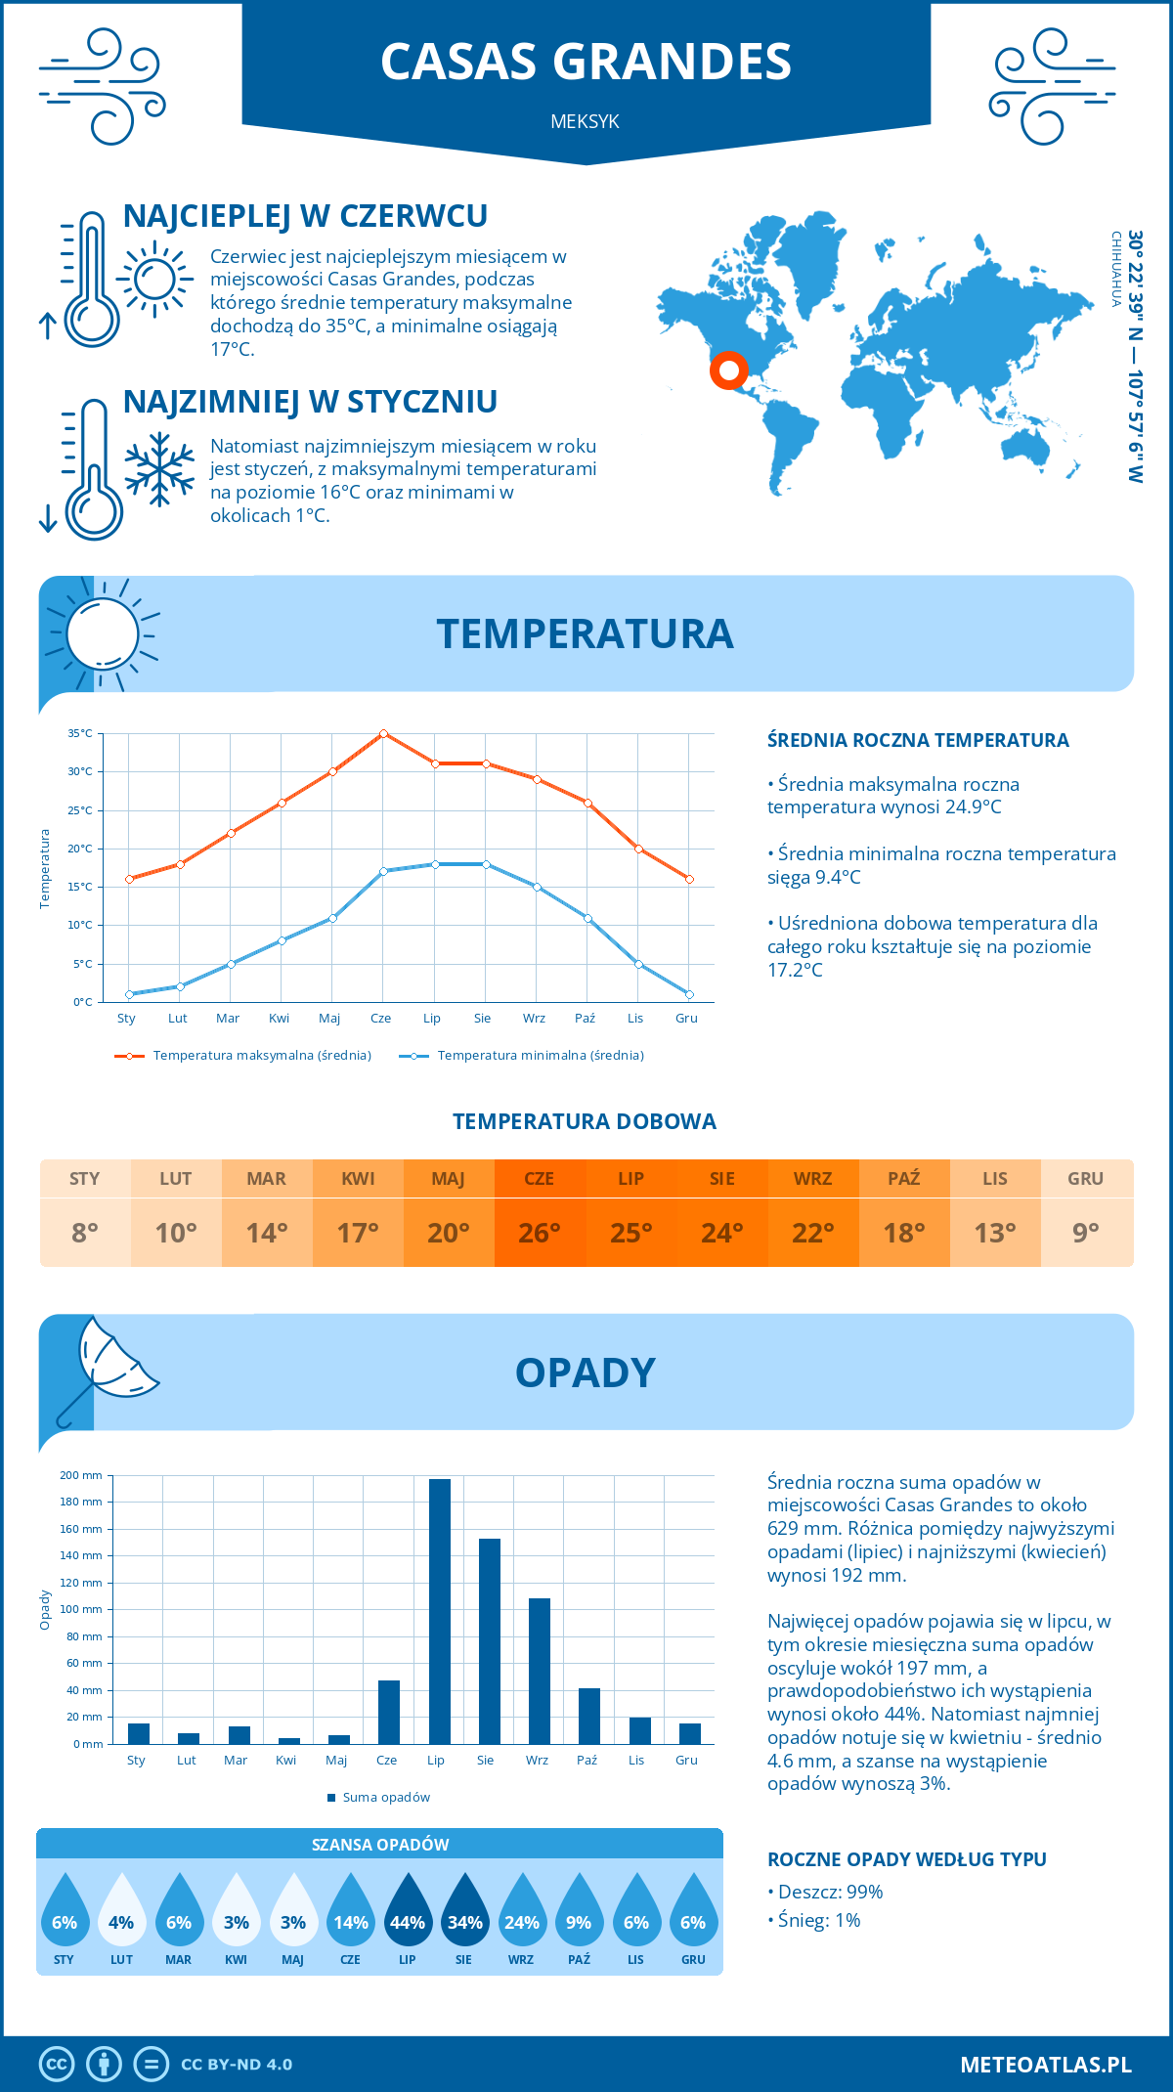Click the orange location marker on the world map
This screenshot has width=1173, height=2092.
[x=728, y=370]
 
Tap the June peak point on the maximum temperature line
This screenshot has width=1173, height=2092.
[x=383, y=733]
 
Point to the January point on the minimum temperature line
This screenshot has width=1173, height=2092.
[x=129, y=994]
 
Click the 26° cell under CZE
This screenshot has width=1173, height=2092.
[x=540, y=1233]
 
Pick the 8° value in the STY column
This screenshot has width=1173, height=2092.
[x=85, y=1233]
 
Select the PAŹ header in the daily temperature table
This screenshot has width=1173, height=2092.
[x=904, y=1178]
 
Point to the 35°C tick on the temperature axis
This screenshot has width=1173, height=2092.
[x=80, y=733]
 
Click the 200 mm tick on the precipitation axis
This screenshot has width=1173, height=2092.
[x=81, y=1475]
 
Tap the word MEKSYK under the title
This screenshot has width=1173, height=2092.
[x=585, y=122]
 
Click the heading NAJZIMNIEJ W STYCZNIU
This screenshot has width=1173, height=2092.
[x=310, y=402]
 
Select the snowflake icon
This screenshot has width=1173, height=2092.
[x=159, y=469]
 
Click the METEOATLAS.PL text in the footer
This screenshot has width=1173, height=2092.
[x=1045, y=2064]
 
